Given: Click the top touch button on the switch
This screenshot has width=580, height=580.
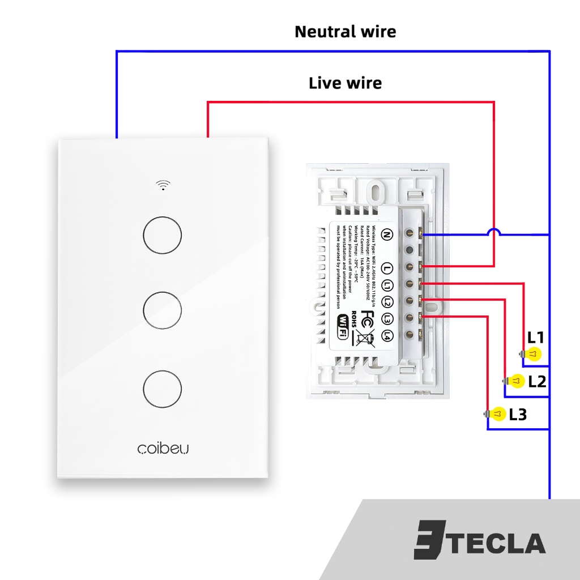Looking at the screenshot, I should click(x=163, y=234).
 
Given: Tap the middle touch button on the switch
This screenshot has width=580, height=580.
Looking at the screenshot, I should click(x=163, y=310).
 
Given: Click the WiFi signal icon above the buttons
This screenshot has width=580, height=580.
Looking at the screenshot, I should click(x=163, y=185).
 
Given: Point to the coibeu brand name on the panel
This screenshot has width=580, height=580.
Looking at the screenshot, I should click(x=163, y=448).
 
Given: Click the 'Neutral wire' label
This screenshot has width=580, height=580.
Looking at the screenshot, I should click(x=345, y=32).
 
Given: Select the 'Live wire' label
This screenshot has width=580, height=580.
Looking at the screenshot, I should click(x=345, y=83).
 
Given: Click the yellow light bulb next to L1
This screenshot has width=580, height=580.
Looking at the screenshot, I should click(x=532, y=355).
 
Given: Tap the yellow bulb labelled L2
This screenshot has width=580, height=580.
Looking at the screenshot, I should click(x=516, y=381).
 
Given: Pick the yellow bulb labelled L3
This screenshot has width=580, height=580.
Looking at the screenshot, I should click(x=497, y=415).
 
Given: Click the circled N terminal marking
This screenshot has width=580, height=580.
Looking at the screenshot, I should click(x=387, y=234).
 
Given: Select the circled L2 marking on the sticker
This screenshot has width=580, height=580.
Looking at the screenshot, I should click(x=387, y=302).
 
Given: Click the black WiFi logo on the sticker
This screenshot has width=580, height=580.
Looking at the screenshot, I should click(x=343, y=327).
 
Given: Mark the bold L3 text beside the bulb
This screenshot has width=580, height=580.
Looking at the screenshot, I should click(x=518, y=415).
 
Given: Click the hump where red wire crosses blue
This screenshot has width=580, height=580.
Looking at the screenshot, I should click(x=494, y=232).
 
